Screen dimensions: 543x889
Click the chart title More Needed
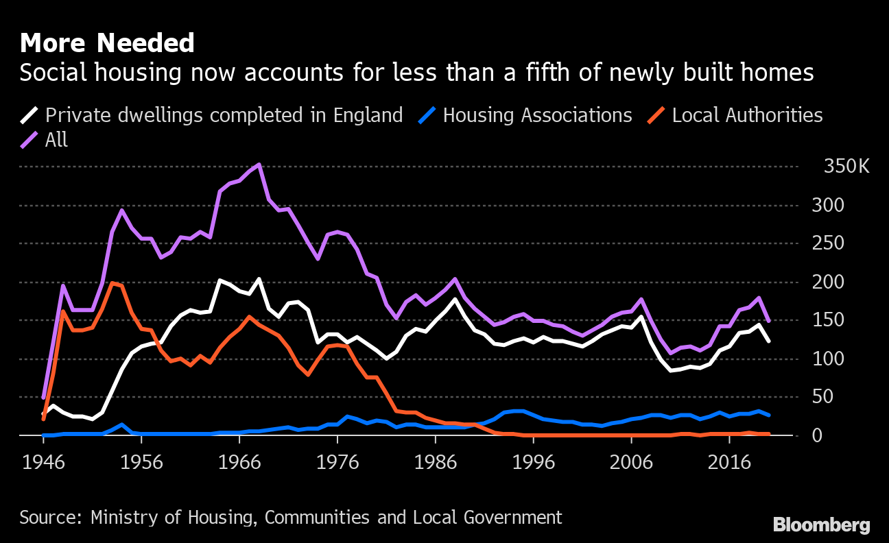tap(107, 43)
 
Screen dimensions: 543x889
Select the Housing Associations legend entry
tap(537, 114)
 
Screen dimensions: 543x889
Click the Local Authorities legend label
tap(747, 114)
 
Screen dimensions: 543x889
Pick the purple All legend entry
tap(56, 140)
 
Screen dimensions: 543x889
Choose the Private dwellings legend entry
tap(224, 114)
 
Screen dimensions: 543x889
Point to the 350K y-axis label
tap(846, 167)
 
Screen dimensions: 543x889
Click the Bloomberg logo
tap(821, 525)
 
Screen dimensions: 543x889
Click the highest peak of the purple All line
tap(259, 165)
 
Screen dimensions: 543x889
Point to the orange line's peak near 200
tap(112, 282)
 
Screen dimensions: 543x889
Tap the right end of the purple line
tap(768, 320)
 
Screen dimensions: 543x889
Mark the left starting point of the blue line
tap(43, 435)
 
